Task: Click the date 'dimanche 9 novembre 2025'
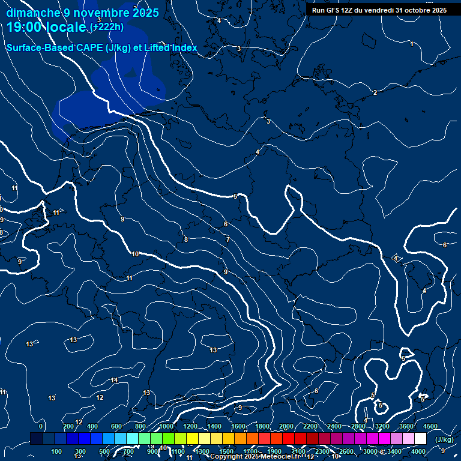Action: (83, 13)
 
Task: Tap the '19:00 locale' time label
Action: (47, 27)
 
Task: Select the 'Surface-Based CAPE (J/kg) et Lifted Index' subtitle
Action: (102, 47)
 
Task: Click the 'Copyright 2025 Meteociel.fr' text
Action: (258, 456)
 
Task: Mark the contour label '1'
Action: (411, 44)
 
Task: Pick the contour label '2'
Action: (375, 92)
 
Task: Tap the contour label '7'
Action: (227, 240)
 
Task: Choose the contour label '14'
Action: (114, 381)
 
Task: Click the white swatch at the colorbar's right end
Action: (421, 439)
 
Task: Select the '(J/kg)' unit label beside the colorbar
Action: (444, 440)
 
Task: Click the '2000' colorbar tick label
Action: (286, 426)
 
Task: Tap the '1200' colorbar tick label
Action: (190, 426)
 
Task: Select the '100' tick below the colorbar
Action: (57, 451)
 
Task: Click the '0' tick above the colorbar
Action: (41, 426)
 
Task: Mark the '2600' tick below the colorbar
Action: (346, 451)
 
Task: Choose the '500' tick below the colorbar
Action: (105, 451)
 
